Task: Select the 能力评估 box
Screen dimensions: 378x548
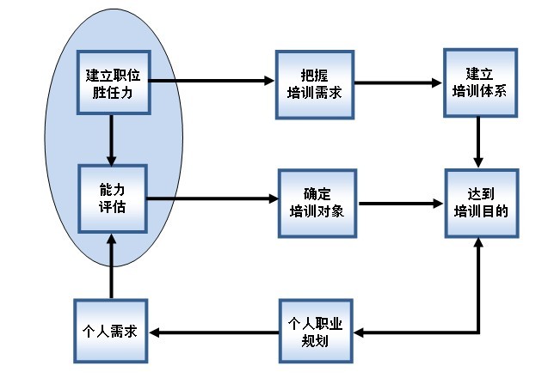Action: point(112,198)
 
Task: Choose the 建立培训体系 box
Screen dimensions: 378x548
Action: point(482,82)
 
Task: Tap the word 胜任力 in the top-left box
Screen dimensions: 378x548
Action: point(114,90)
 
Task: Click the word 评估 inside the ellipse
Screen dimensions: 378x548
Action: point(113,207)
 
